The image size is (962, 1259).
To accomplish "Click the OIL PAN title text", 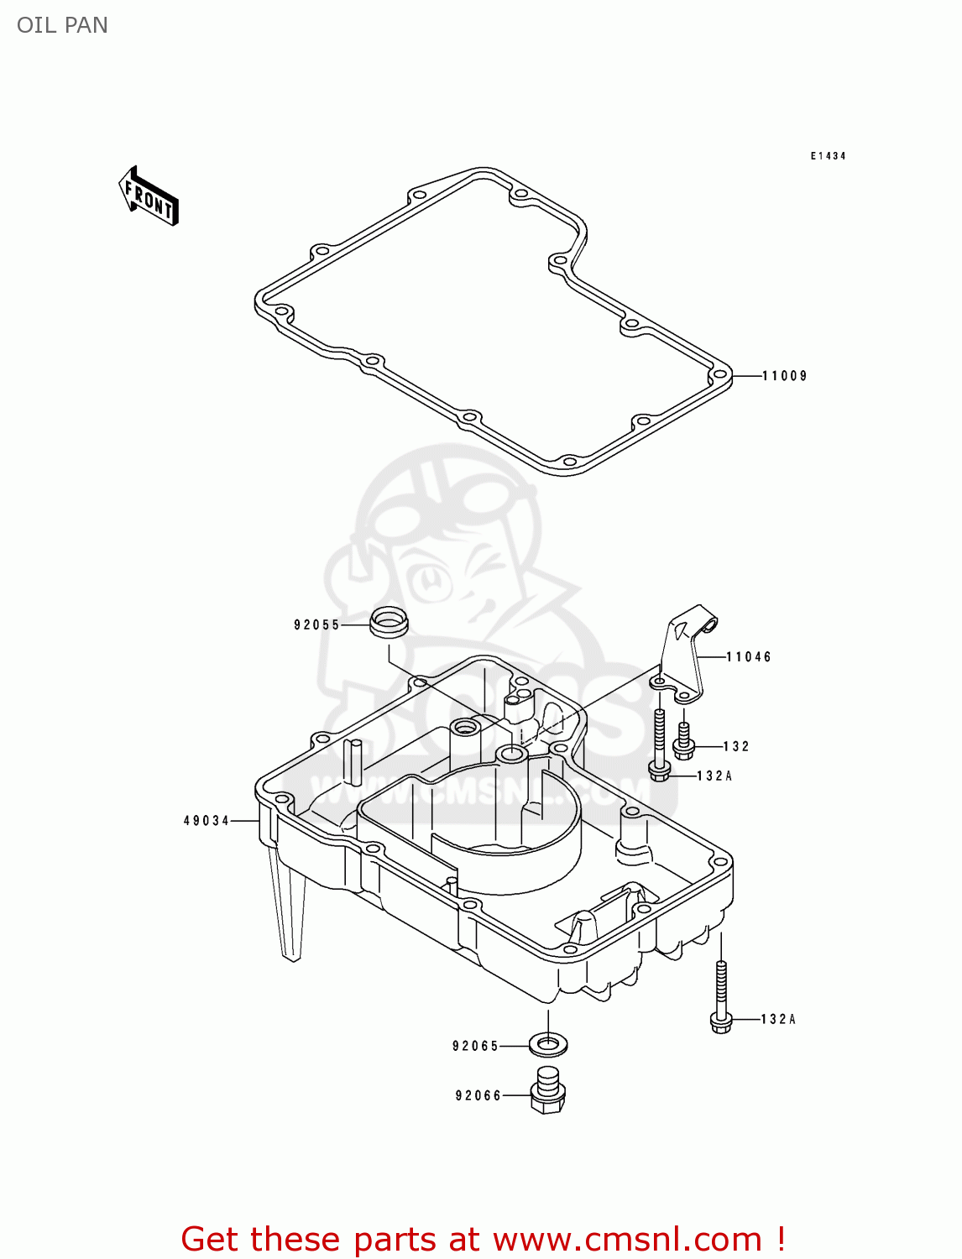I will [62, 25].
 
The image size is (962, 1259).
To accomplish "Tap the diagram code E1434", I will [828, 156].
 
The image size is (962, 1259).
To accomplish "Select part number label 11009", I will [784, 376].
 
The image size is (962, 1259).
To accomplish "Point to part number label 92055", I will [316, 624].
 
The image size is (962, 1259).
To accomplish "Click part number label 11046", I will [749, 657].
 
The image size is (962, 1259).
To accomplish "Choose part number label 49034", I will [207, 820].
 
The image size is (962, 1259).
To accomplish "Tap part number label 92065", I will [475, 1046].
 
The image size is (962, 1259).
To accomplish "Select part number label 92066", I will [478, 1095].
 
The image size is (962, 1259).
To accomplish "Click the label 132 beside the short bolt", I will [736, 746].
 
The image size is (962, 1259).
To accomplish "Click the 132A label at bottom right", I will [778, 1019].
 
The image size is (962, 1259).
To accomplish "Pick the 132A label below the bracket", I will [714, 776].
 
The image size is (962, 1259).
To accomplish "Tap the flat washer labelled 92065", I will [548, 1045].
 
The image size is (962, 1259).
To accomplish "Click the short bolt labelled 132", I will [684, 738].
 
